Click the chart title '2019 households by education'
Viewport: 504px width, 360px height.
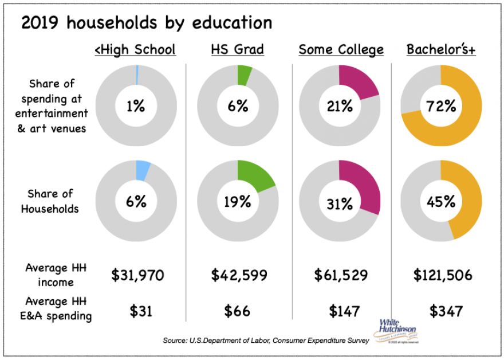tap(147, 23)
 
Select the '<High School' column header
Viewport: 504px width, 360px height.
tap(135, 50)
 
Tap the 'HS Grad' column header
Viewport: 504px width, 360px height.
tap(237, 50)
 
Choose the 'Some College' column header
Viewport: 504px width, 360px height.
tap(341, 50)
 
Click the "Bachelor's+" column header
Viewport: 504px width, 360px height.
tap(441, 50)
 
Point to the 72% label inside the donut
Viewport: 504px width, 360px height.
tap(440, 106)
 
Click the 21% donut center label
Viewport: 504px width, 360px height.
tap(339, 106)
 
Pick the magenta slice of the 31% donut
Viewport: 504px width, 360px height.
tap(363, 189)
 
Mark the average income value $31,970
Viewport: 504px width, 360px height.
tap(137, 275)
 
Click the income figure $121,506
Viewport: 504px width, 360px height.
tap(443, 275)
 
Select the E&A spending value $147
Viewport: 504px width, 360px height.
tap(344, 311)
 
